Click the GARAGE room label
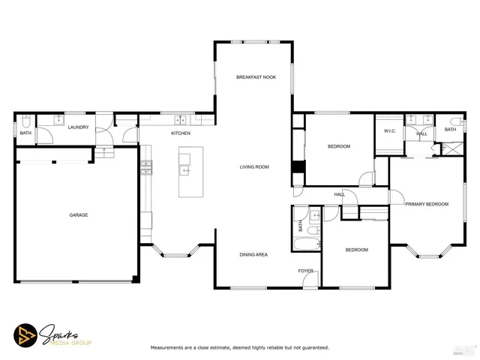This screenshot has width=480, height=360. click(x=79, y=215)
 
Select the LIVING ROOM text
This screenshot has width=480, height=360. click(x=254, y=166)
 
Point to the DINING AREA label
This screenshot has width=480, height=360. click(x=253, y=255)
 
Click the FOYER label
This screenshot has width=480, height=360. click(x=305, y=271)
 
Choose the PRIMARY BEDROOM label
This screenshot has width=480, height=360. click(x=426, y=204)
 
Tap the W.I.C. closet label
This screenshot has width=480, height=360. click(x=389, y=131)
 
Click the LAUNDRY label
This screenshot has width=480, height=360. click(x=78, y=127)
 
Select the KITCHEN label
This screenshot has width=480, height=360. click(x=181, y=133)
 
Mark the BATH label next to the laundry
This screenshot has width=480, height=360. click(x=25, y=133)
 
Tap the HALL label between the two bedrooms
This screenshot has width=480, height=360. click(x=339, y=194)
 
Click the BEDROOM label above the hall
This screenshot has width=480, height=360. click(x=338, y=146)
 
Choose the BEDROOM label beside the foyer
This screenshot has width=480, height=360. click(x=355, y=250)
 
